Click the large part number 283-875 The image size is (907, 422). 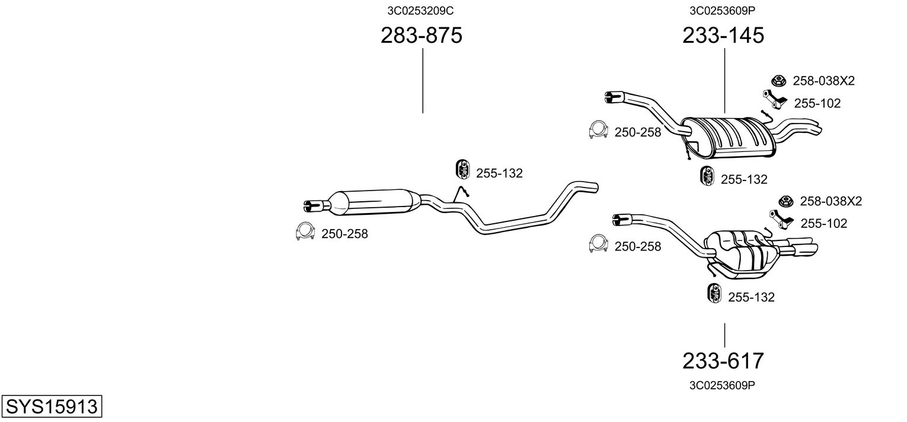(x=421, y=36)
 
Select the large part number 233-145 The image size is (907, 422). (x=723, y=36)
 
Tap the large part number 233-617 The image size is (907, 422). (x=723, y=360)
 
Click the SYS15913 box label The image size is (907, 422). (x=52, y=407)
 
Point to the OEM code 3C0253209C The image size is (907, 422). (x=421, y=10)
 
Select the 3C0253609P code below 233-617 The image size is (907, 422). (x=722, y=385)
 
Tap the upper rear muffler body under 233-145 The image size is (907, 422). (x=729, y=137)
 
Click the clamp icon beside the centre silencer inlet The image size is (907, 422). (x=305, y=232)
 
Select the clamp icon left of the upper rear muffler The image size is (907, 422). (x=599, y=130)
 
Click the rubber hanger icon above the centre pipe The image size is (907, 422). (x=461, y=169)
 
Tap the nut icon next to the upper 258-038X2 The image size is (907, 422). (x=778, y=81)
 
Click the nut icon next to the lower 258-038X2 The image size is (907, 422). (x=786, y=201)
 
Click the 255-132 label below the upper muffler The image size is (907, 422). (x=744, y=179)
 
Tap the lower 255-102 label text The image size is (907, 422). (x=823, y=224)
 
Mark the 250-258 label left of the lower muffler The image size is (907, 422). (x=637, y=246)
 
